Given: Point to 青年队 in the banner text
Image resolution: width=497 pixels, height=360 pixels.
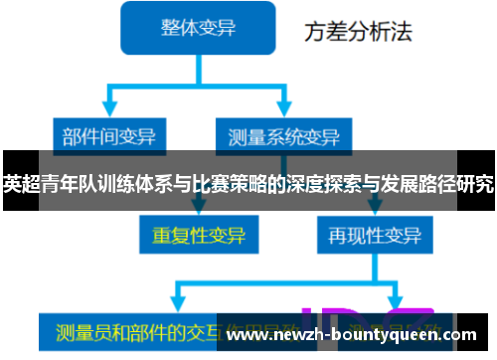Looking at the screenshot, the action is point(62,183).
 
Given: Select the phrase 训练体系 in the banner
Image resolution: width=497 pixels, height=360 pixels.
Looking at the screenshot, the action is point(125,183).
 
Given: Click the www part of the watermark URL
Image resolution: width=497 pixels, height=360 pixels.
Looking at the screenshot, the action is point(248,337).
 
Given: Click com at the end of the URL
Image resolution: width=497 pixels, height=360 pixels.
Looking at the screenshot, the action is point(473,337).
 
